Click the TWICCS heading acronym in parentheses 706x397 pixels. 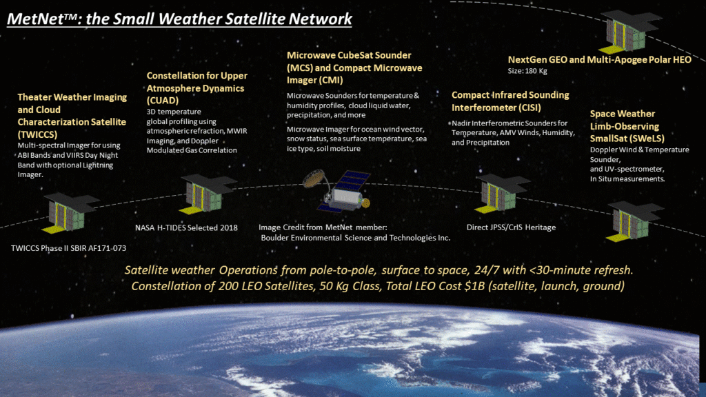(x=37, y=134)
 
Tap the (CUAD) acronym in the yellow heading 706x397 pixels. (x=163, y=101)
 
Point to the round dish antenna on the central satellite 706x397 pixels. (x=313, y=178)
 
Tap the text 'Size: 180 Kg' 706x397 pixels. (x=527, y=71)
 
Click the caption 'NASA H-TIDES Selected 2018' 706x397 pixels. (x=186, y=227)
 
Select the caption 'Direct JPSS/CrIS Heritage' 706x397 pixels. (x=511, y=227)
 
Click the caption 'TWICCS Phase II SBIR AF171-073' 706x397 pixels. (x=68, y=248)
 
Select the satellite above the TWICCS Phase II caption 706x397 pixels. (x=70, y=212)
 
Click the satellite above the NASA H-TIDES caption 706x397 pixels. (x=208, y=194)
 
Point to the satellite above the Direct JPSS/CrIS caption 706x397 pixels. (x=502, y=194)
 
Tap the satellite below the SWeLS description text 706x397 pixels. (x=634, y=221)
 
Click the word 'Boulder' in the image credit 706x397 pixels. (x=276, y=238)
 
